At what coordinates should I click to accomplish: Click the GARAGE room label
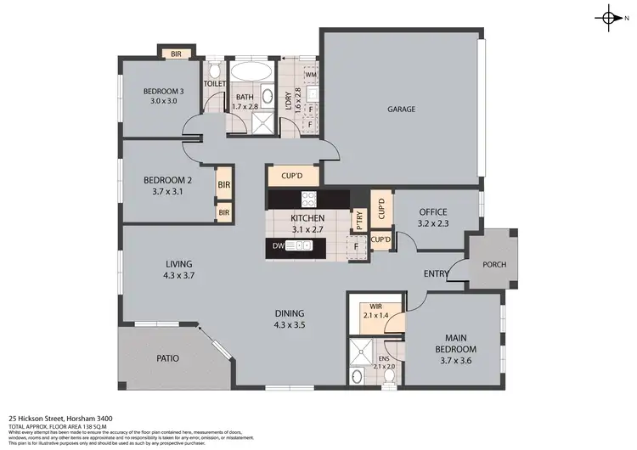coord(402,109)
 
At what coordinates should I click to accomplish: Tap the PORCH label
coord(493,264)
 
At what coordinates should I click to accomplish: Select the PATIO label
coord(167,358)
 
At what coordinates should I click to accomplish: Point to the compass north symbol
coord(611,18)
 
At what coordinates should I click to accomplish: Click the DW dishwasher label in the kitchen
coord(277,246)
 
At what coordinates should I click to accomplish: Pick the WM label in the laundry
coord(310,75)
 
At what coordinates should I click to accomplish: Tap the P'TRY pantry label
coord(360,219)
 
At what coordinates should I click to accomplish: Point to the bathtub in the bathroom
coord(252,70)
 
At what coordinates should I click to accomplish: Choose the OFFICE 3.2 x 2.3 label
coord(432,217)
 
